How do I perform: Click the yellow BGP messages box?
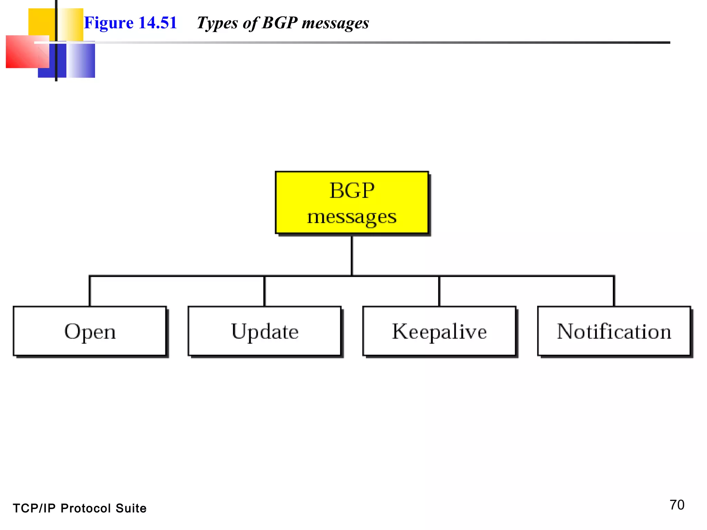click(x=352, y=203)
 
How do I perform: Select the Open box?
click(x=90, y=331)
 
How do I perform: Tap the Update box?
click(x=265, y=331)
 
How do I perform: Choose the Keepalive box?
click(x=439, y=331)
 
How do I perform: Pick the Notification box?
click(x=614, y=331)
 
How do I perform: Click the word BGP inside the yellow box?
click(x=352, y=190)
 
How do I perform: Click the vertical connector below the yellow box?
click(x=352, y=255)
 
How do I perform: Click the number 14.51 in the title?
click(x=157, y=23)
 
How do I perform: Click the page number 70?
click(x=677, y=505)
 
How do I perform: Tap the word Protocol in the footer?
click(x=86, y=508)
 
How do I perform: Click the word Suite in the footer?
click(x=131, y=508)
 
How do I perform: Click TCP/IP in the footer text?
click(x=34, y=508)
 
